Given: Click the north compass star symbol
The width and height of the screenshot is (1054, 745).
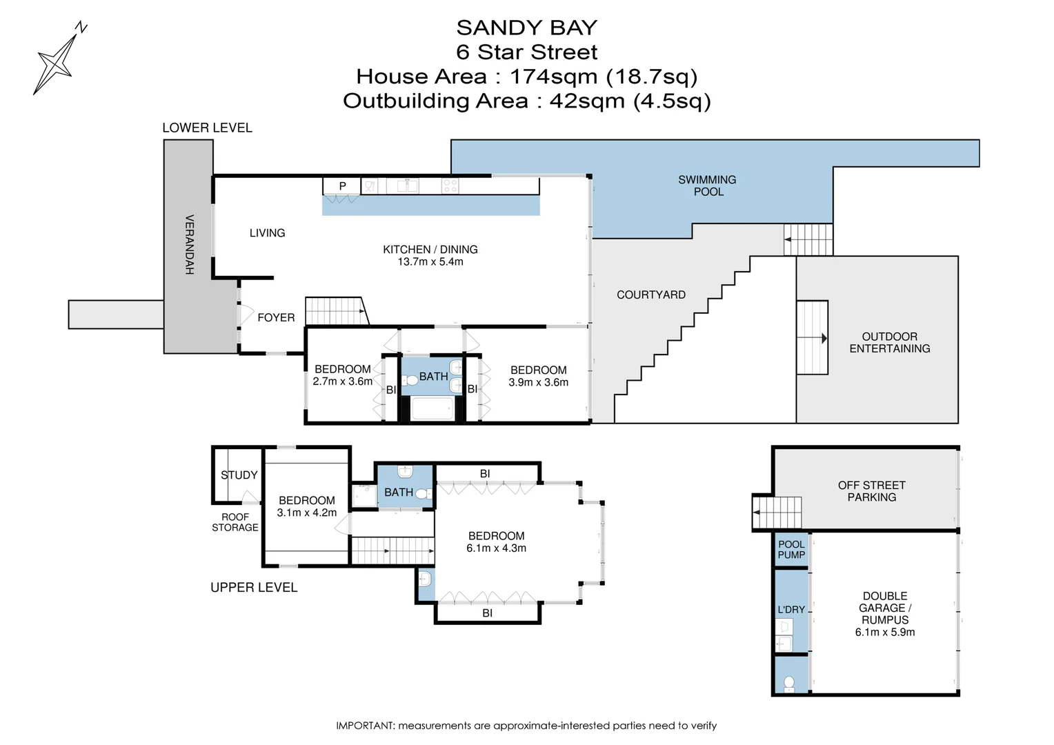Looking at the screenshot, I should click(57, 62).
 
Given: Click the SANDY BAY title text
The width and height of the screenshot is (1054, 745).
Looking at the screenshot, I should click(526, 28).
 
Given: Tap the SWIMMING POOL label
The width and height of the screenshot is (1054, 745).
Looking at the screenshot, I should click(707, 186).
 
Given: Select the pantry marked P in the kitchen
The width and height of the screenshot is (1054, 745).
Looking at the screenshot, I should click(342, 186).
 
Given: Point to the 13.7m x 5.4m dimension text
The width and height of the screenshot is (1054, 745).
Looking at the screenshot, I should click(430, 262).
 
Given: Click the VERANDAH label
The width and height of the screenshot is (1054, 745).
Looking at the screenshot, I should click(189, 245).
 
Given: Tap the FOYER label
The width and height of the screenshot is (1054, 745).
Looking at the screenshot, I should click(276, 317).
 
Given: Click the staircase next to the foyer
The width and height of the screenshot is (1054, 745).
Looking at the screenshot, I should click(335, 311).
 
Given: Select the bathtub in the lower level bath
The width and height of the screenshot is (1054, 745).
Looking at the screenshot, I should click(432, 408).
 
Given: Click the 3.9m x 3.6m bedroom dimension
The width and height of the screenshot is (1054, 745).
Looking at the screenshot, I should click(538, 383).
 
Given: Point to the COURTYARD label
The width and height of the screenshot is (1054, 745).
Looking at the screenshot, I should click(650, 295).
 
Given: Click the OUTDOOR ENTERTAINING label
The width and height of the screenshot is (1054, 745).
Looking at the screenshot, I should click(889, 343).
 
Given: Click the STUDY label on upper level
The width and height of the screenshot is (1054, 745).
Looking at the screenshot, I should click(239, 475).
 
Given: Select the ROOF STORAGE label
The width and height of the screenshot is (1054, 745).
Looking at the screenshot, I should click(235, 522).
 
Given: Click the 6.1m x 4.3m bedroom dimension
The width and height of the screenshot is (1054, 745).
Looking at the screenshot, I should click(496, 548).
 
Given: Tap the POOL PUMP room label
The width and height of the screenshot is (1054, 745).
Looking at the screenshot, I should click(791, 550).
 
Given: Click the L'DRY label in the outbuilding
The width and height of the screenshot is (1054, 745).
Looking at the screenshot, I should click(791, 610).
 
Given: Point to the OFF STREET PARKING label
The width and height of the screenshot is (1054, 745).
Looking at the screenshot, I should click(871, 491).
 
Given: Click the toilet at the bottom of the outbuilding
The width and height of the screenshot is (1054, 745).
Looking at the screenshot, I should click(789, 683).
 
